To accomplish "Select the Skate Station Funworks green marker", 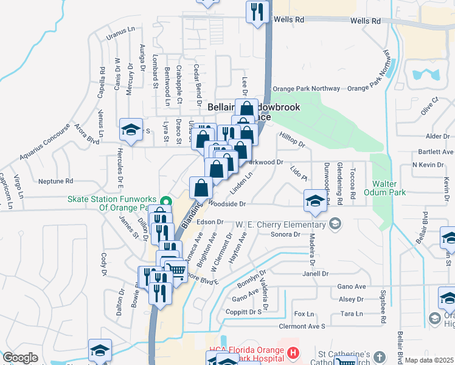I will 165,200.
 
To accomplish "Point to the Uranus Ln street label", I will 120,30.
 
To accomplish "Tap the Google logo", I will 20,358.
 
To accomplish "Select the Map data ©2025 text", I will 429,360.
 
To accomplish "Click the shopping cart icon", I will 176,269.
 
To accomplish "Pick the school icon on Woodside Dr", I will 314,201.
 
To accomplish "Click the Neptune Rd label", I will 55,181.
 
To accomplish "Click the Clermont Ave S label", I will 302,326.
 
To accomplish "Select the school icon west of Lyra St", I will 131,129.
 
